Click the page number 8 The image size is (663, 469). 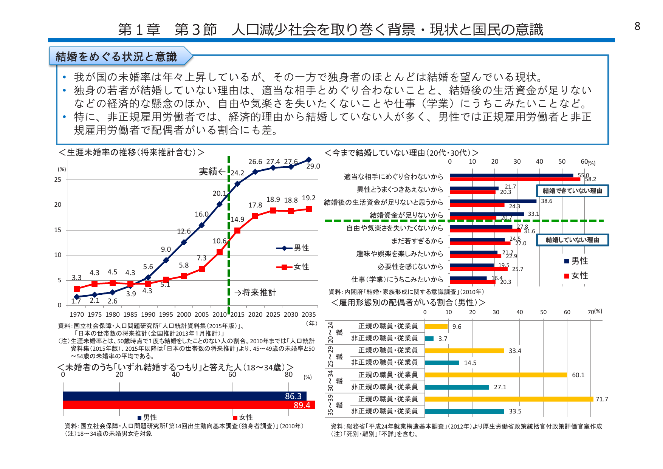click(x=637, y=26)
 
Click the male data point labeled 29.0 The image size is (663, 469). click(x=308, y=160)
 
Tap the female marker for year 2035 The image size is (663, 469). click(x=308, y=209)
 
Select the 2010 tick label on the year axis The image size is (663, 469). click(x=220, y=314)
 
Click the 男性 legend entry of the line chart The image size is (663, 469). click(x=293, y=248)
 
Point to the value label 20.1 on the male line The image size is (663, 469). click(x=219, y=193)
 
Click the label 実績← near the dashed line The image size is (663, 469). click(x=212, y=172)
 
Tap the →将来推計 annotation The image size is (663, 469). click(x=255, y=293)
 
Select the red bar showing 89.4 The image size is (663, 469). click(x=189, y=405)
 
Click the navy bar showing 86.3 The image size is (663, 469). click(x=184, y=396)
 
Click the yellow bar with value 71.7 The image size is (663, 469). click(x=509, y=399)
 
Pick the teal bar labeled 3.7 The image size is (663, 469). click(x=429, y=339)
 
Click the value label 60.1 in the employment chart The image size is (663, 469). click(x=578, y=375)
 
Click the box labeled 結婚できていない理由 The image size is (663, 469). click(x=572, y=191)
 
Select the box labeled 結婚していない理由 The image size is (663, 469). click(x=572, y=240)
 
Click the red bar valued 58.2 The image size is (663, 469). click(x=515, y=179)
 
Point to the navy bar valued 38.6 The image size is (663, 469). click(x=493, y=201)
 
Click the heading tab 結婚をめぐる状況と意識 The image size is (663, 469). click(x=116, y=57)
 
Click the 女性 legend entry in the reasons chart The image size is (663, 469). click(x=576, y=276)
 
